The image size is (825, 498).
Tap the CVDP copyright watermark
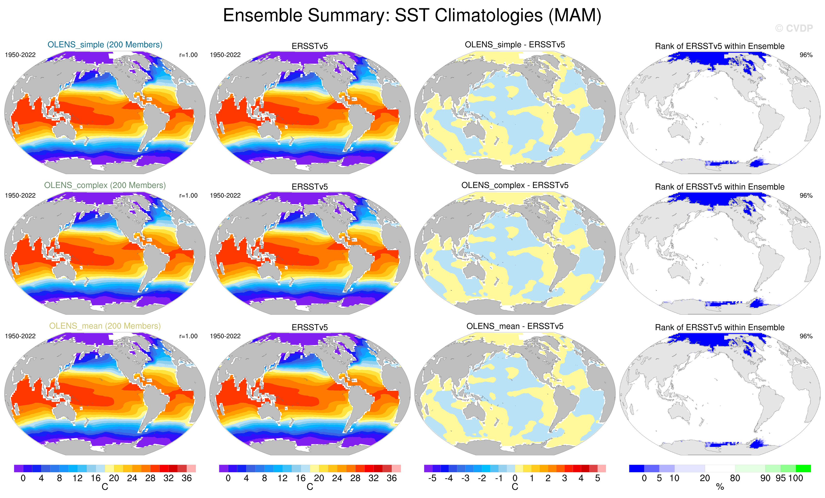pos(794,28)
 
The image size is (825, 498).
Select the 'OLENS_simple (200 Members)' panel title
pos(105,44)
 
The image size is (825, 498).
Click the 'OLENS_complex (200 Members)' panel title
pos(105,185)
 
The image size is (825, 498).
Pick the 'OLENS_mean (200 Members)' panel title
pos(105,326)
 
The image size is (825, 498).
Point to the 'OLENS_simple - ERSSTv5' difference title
pos(515,44)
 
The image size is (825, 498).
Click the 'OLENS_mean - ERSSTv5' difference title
pos(515,326)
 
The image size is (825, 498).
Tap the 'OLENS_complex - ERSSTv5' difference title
pos(515,185)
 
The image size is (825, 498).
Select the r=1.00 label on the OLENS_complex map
pos(188,195)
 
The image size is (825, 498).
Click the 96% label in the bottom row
pos(806,336)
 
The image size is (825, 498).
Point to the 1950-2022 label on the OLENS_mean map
pos(20,336)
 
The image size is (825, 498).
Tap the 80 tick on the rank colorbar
pos(735,478)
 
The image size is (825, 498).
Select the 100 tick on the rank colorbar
pos(796,478)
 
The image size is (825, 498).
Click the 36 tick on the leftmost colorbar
pos(186,478)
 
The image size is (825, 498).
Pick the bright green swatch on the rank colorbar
pos(803,468)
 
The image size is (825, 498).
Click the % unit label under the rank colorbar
pos(720,487)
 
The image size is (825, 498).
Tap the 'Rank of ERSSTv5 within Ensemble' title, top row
pos(720,46)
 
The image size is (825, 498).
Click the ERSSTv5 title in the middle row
pos(310,187)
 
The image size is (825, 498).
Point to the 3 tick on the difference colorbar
pos(564,478)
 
